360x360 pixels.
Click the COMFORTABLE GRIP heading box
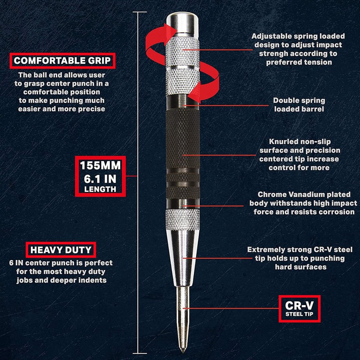click(x=62, y=60)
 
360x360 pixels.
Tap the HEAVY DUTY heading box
click(x=61, y=250)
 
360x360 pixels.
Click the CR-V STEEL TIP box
click(x=299, y=308)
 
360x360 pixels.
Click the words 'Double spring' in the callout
click(x=299, y=101)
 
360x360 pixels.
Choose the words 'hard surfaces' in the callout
click(x=301, y=267)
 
